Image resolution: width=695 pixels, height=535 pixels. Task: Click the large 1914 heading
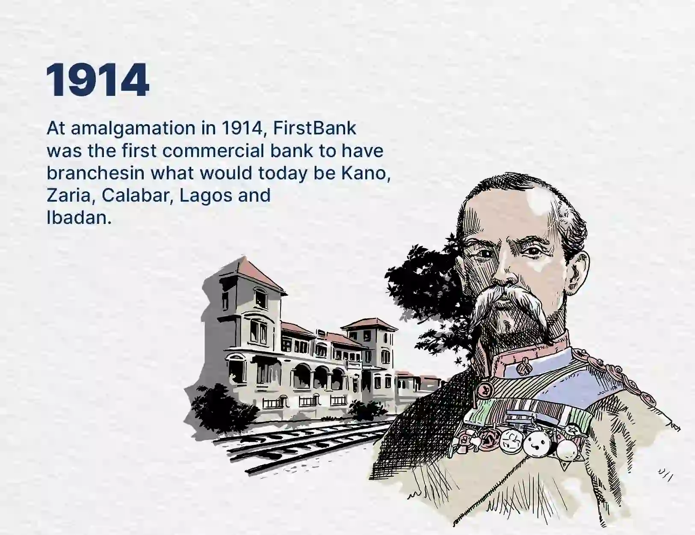(x=98, y=80)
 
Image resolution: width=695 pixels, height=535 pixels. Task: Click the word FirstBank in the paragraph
(x=314, y=128)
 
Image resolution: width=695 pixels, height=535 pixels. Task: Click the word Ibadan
(x=78, y=218)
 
